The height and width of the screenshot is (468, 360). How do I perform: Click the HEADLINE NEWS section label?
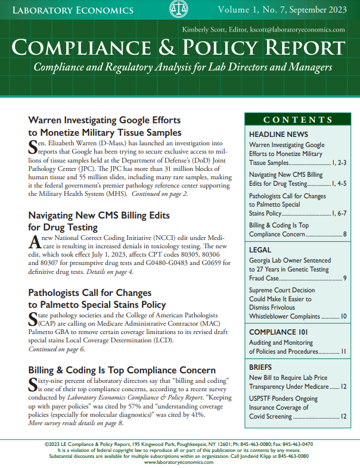(278, 135)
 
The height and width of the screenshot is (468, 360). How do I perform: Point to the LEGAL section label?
(260, 250)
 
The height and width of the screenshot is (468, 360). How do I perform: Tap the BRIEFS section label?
(260, 367)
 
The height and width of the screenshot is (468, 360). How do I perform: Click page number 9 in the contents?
(345, 278)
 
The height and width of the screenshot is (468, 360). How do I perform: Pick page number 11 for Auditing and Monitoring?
(343, 352)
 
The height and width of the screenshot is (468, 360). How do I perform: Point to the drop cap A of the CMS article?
(33, 242)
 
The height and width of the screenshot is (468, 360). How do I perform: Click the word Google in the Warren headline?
(139, 119)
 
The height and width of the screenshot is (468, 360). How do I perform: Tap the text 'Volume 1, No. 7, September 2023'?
(281, 10)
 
